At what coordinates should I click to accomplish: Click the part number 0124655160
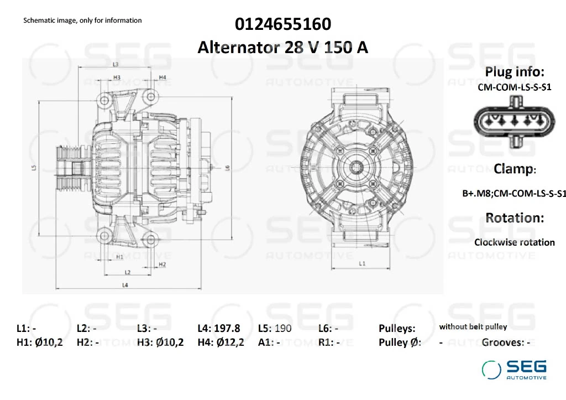[x=283, y=24]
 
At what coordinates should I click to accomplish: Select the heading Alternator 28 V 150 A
[x=283, y=48]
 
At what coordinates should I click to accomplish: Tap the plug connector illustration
[x=514, y=121]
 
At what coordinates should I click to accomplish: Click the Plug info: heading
[x=515, y=72]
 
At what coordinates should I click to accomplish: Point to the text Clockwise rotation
[x=514, y=242]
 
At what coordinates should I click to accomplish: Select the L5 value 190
[x=283, y=328]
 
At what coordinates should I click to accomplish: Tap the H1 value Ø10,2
[x=49, y=342]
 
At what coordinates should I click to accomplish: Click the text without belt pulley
[x=473, y=327]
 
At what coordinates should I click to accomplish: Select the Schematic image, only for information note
[x=82, y=20]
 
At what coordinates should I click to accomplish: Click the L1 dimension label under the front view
[x=362, y=264]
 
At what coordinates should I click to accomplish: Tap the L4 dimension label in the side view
[x=125, y=285]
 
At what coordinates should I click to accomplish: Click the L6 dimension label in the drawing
[x=228, y=168]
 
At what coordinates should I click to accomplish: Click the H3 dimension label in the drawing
[x=117, y=77]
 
